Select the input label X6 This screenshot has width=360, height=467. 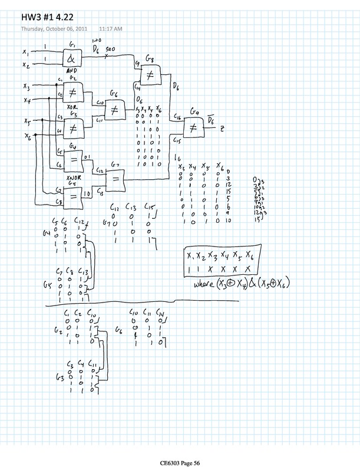28,137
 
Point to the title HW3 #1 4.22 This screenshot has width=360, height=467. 48,16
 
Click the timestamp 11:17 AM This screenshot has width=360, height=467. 110,28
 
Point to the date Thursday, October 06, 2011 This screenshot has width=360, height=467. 54,28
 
